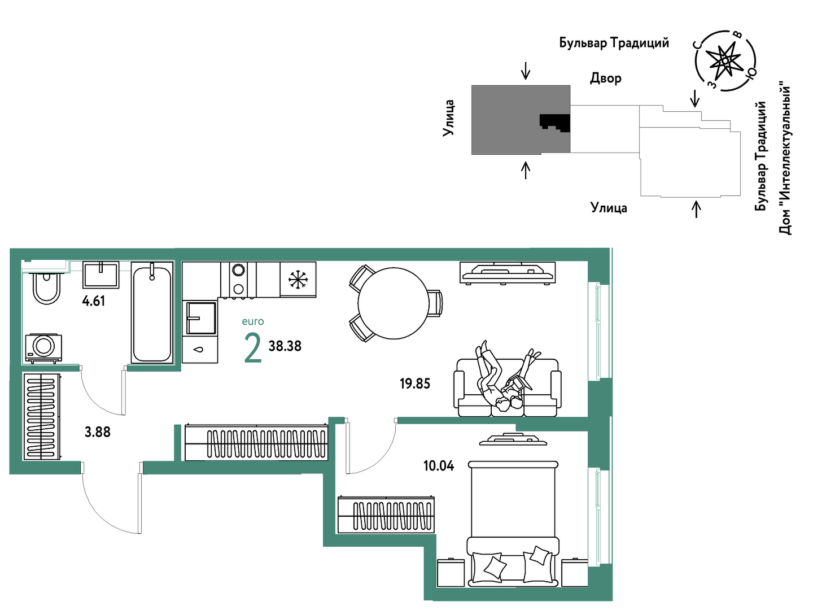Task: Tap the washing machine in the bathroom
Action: click(43, 348)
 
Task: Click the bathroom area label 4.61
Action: click(94, 301)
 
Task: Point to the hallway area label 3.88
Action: click(98, 432)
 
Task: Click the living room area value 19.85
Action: click(415, 384)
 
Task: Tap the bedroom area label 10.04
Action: click(439, 466)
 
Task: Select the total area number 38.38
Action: click(285, 346)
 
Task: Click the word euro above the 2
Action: click(253, 321)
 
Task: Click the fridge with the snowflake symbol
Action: click(298, 280)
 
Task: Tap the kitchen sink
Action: click(201, 318)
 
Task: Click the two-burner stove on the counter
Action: click(238, 280)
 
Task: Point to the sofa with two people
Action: click(507, 387)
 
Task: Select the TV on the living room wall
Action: click(508, 273)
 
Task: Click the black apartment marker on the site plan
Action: click(554, 123)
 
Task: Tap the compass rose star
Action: click(726, 60)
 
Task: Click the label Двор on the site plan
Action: click(606, 79)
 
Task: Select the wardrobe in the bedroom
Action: click(386, 515)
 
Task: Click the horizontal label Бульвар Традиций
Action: click(614, 43)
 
